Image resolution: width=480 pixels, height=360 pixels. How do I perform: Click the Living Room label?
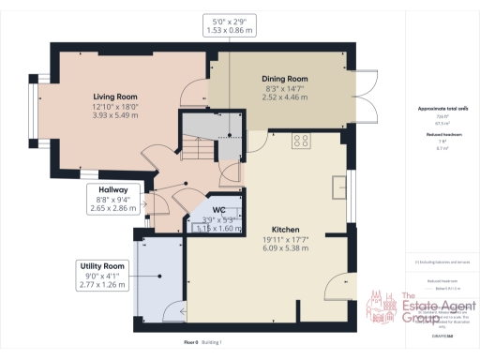(x=116, y=97)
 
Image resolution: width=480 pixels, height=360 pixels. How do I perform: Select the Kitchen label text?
(x=285, y=229)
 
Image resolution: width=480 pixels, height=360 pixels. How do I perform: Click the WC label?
(x=217, y=210)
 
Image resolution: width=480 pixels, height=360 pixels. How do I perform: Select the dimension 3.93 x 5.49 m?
(x=116, y=115)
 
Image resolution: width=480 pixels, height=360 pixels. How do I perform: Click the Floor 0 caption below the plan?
(x=191, y=343)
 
